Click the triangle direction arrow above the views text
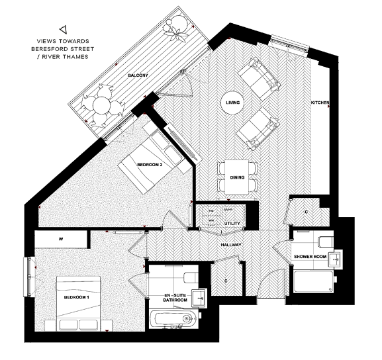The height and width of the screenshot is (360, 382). click(x=63, y=29)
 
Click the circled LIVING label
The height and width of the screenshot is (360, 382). click(x=232, y=103)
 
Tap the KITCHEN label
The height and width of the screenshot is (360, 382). click(x=320, y=103)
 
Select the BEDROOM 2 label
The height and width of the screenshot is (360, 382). click(x=150, y=164)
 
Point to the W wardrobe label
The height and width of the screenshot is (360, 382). click(x=60, y=238)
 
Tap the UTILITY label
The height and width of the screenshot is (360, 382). click(x=232, y=224)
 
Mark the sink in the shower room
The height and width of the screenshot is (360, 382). click(x=339, y=258)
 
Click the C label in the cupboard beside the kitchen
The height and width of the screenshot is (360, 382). click(x=306, y=212)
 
